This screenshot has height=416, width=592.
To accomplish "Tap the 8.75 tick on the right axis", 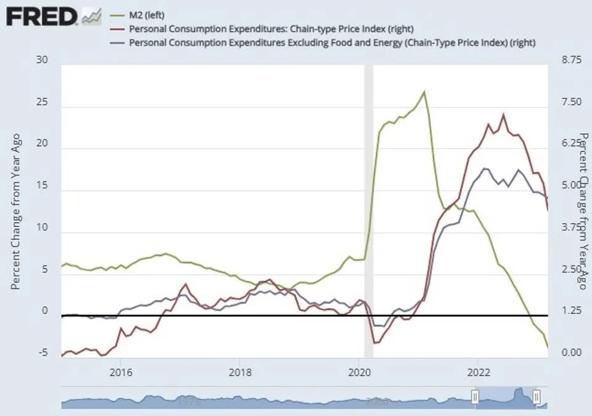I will tap(569, 60).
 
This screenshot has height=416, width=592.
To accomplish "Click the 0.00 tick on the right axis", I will tap(569, 353).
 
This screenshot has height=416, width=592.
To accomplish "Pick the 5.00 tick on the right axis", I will tap(569, 186).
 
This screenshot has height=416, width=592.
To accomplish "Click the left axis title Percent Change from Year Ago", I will tap(16, 211).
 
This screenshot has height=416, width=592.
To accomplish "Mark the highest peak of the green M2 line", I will tap(424, 92).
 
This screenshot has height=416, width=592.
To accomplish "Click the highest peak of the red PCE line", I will tap(504, 114).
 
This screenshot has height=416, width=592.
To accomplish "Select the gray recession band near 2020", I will tap(369, 210).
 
